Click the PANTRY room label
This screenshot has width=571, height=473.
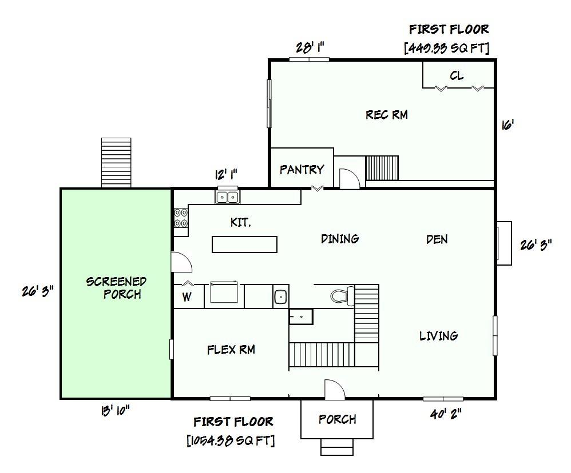coord(302,170)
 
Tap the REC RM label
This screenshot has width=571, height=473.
coord(387,115)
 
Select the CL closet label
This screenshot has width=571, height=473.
coord(457,76)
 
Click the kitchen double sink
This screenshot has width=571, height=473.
coord(228,197)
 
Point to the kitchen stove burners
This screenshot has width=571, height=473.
coord(180,218)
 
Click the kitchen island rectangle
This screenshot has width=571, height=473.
coord(244,244)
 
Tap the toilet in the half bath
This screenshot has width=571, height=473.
coord(340,295)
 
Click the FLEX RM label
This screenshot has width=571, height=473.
coord(231,350)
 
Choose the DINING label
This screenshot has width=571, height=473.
coord(340,239)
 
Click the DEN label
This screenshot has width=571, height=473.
coord(437,239)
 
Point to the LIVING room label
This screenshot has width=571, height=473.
coord(438,336)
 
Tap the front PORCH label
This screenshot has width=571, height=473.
coord(337,419)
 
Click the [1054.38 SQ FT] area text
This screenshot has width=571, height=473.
coord(231,440)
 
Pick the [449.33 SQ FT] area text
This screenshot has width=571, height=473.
coord(447,48)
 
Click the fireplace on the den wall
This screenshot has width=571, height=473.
coord(503,243)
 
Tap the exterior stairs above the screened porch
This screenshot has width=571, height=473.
coord(116,162)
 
